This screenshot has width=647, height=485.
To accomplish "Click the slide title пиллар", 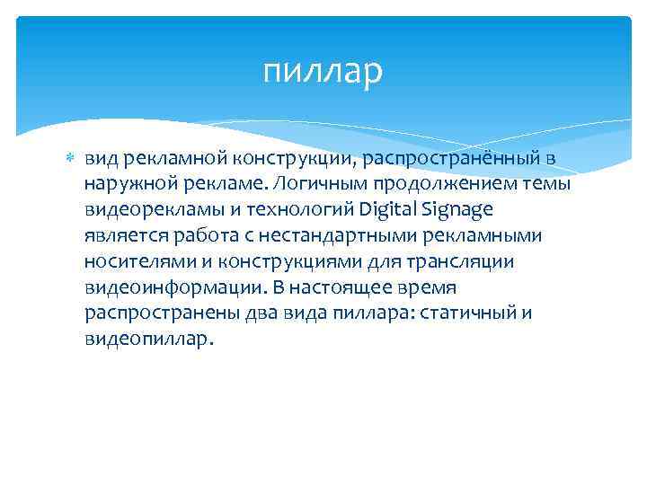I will [x=323, y=71].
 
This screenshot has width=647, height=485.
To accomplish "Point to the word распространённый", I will [x=475, y=158].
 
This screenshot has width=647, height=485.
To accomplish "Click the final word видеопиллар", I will [x=149, y=340].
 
